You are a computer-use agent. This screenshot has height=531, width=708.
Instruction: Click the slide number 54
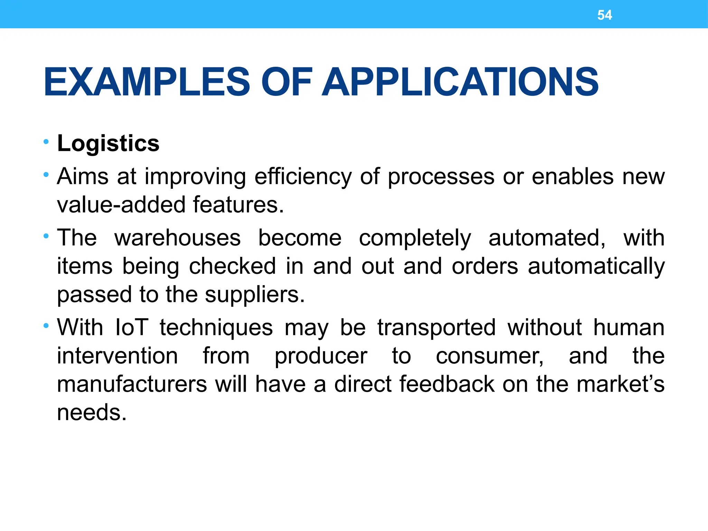[604, 15]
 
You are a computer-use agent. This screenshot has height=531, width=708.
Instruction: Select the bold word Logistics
[108, 143]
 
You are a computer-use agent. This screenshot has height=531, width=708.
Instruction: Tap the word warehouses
[177, 238]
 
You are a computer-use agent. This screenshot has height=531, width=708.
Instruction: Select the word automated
[547, 238]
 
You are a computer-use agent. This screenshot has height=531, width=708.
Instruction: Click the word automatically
[596, 267]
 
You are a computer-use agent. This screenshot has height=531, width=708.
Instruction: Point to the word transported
[436, 327]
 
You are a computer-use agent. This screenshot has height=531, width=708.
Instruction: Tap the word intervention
[118, 356]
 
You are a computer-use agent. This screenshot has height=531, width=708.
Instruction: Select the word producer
[321, 357]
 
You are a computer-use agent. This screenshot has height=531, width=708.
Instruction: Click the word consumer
[490, 356]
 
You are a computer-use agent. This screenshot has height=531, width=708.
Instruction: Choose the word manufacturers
[132, 384]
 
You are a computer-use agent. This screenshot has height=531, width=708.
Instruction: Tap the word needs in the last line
[91, 413]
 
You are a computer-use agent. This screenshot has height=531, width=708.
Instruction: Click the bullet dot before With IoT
[46, 326]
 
